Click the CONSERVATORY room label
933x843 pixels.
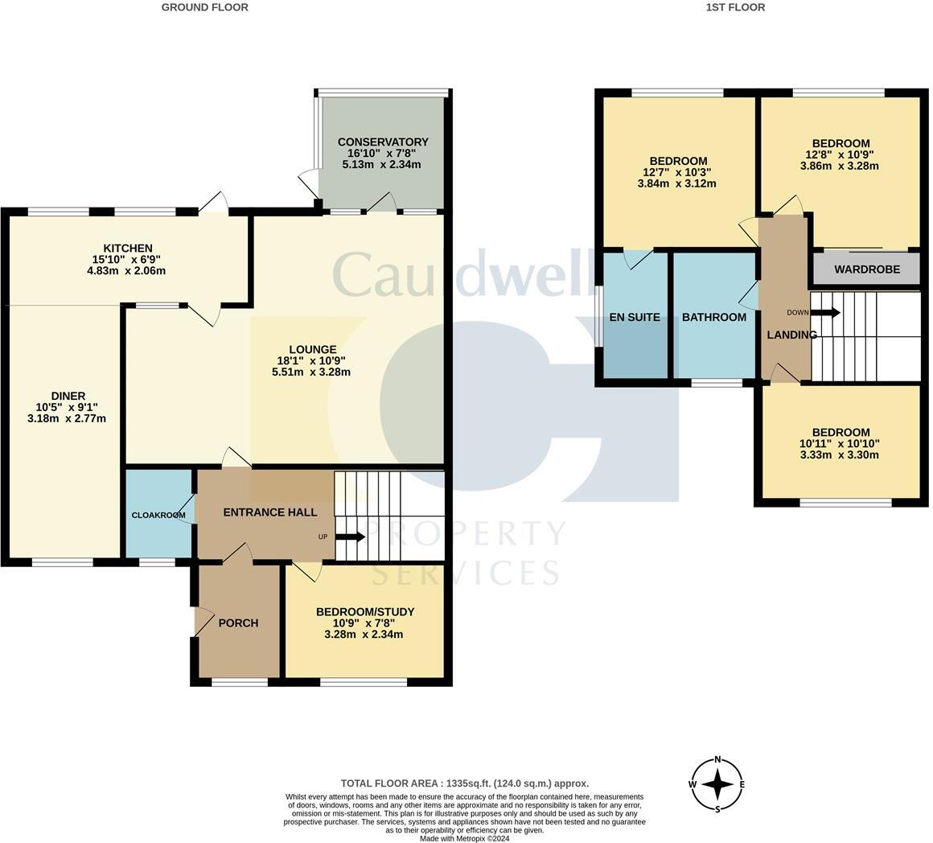coord(382,142)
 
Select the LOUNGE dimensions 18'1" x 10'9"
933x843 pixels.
coord(313,360)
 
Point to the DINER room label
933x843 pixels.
coord(68,396)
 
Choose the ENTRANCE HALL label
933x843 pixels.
coord(269,512)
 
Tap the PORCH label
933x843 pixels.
coord(238,623)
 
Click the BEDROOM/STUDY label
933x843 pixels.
coord(364,611)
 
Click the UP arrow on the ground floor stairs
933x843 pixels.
coord(349,537)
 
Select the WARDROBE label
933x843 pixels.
coord(866,269)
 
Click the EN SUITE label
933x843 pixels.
coord(635,317)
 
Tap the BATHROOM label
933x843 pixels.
coord(713,317)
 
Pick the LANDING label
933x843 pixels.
coord(791,335)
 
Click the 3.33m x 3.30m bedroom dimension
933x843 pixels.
coord(840,454)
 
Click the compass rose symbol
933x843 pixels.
coord(717,784)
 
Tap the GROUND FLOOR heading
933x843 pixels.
coord(204,7)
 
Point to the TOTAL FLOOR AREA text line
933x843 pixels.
coord(464,783)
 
